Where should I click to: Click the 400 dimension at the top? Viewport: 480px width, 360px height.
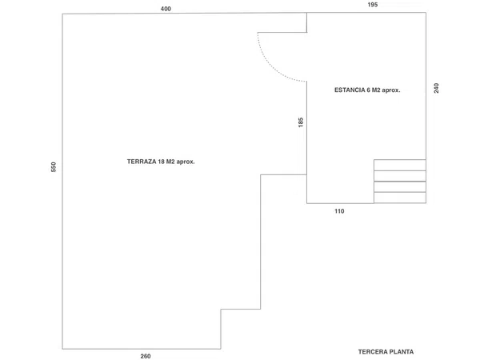click(x=166, y=9)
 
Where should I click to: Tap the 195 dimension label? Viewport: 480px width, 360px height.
click(x=373, y=5)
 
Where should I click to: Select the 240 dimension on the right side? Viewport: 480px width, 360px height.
click(x=436, y=88)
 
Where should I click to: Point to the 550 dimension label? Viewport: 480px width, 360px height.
click(x=54, y=167)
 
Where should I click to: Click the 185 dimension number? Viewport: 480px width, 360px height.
click(x=301, y=122)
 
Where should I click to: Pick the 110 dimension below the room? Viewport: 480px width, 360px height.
click(x=339, y=211)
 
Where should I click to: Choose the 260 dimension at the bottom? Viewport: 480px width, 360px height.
click(x=146, y=356)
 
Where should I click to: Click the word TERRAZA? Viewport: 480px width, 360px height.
click(x=142, y=162)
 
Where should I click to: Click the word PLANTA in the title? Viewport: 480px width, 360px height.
click(x=399, y=352)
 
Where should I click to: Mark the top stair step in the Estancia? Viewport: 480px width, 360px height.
click(x=400, y=166)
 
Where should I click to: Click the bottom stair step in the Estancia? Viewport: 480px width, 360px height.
click(x=400, y=198)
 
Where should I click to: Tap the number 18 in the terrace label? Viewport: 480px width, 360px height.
click(x=161, y=162)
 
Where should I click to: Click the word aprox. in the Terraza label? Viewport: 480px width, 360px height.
click(x=186, y=162)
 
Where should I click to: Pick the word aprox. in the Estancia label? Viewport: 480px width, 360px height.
click(x=391, y=90)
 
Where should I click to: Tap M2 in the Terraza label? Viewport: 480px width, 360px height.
click(x=170, y=162)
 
